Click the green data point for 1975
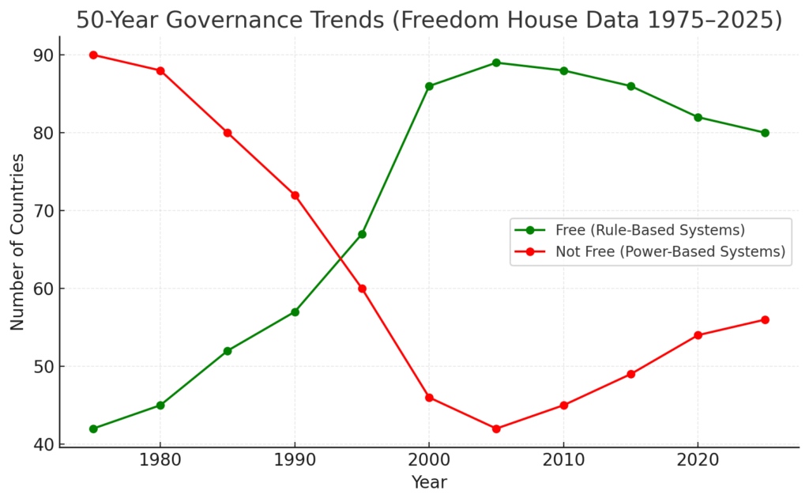pos(93,428)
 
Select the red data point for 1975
pos(93,55)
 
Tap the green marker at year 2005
pos(496,62)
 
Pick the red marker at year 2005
pos(496,428)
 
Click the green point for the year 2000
pos(429,86)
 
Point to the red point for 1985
pos(228,133)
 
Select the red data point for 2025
pos(765,319)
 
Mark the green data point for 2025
pos(765,133)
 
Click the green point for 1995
pos(362,234)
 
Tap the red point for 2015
pos(630,374)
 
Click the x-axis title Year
pos(429,482)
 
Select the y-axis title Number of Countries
pos(17,242)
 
